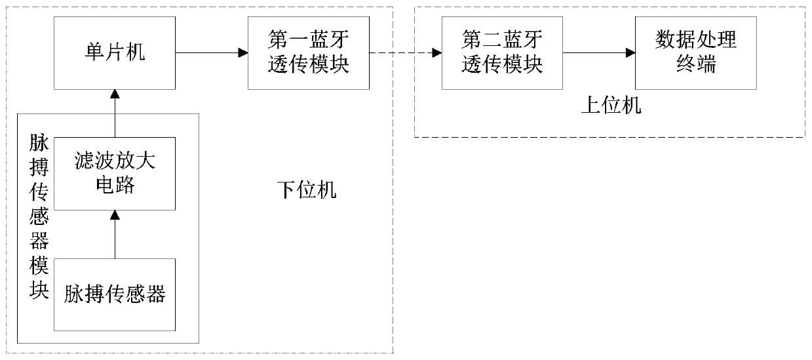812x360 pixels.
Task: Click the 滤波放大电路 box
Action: (115, 173)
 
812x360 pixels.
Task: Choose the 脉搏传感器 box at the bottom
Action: (115, 294)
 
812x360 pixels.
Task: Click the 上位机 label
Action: (611, 105)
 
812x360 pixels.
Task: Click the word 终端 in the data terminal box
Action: (696, 65)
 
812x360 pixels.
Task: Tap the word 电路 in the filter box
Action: (115, 186)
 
